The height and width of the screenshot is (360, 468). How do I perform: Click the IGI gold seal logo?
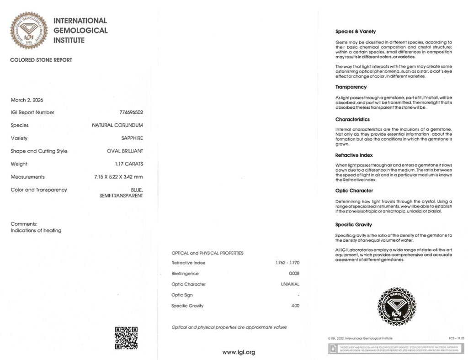click(x=29, y=31)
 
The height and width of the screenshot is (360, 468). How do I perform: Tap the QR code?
click(x=126, y=338)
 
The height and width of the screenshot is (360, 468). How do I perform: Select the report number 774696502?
click(x=131, y=112)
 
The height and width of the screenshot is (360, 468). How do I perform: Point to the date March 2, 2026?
click(x=27, y=100)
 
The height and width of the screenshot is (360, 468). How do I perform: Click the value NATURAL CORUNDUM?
click(x=117, y=125)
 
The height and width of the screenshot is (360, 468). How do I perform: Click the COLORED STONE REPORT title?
click(x=41, y=60)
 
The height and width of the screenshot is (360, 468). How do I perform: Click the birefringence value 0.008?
click(x=294, y=274)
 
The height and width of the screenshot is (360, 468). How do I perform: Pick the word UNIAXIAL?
click(x=290, y=284)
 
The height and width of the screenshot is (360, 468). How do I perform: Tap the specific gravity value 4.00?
click(x=295, y=306)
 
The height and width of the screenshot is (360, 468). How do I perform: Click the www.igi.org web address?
click(x=239, y=352)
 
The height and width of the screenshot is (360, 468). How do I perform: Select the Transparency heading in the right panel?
click(x=351, y=87)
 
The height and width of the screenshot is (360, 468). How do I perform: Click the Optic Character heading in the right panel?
click(x=354, y=191)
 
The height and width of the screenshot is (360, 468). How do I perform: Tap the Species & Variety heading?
click(x=356, y=32)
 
